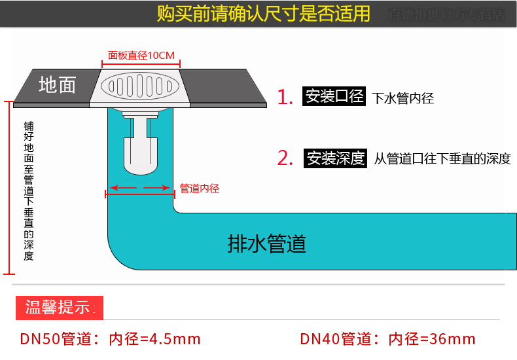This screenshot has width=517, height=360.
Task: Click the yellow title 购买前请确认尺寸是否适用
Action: pos(264,14)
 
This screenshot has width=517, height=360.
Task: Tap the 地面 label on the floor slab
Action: pos(58,84)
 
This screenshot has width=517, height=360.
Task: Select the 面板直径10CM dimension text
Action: pos(141,56)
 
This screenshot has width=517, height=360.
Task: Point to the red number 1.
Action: pos(285,98)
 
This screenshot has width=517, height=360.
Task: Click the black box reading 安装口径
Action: pos(334,97)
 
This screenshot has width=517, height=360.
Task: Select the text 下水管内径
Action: pos(403,99)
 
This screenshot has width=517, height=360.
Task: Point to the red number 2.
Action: pos(285,158)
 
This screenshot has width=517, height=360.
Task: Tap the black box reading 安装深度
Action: pos(336,158)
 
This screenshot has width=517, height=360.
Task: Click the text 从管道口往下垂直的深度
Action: pos(442,159)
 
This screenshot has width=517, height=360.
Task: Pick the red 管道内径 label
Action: pos(200,189)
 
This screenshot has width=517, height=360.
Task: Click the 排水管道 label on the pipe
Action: pos(267,243)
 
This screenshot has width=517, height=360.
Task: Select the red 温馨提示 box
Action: pos(60,308)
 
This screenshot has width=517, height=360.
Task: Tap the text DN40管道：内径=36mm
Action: pos(387,339)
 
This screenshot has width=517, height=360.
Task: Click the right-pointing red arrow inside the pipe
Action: pos(158,189)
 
